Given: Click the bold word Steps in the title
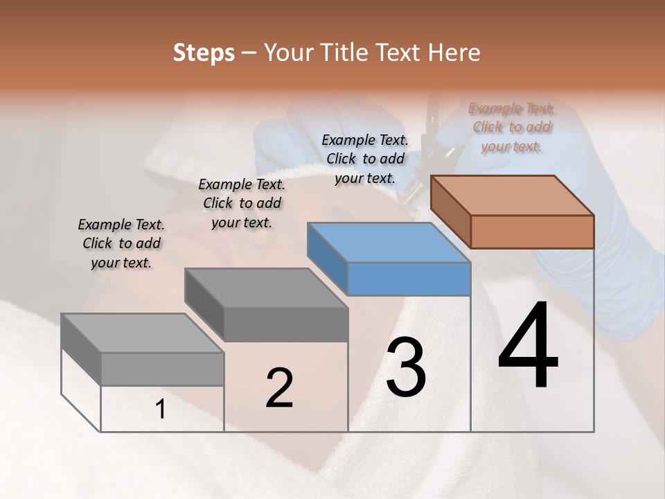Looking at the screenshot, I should point(204,53).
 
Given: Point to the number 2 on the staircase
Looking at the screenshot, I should point(279,388).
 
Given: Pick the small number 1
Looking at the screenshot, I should point(160,410).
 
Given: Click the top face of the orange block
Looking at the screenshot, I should point(513,195).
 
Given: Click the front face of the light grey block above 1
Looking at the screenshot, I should point(163,369).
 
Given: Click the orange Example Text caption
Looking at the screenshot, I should point(511,127).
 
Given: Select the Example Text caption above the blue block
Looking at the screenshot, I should point(365,159).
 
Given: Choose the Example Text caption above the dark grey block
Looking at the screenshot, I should point(242,203).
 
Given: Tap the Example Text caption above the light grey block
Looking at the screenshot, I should point(121,243).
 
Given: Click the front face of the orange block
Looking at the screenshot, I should point(532,231).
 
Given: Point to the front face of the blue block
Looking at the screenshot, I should point(409,279).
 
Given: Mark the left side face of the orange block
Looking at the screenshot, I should point(450,212).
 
